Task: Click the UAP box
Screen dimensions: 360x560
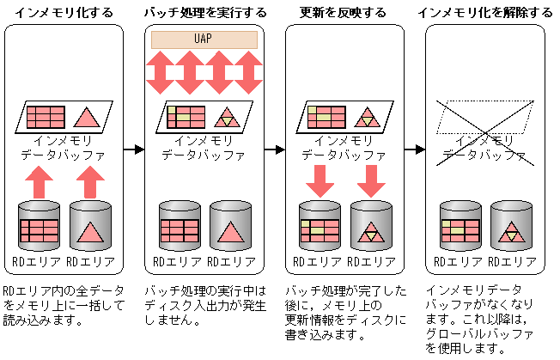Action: coord(204,40)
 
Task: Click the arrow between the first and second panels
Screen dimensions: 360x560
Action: coord(133,149)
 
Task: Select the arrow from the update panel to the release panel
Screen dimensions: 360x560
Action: coord(415,149)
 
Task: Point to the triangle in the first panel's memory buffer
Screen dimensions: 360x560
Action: coord(88,117)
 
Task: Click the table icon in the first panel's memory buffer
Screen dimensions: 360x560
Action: coord(46,117)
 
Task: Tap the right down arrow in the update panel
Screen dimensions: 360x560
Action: coord(370,181)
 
